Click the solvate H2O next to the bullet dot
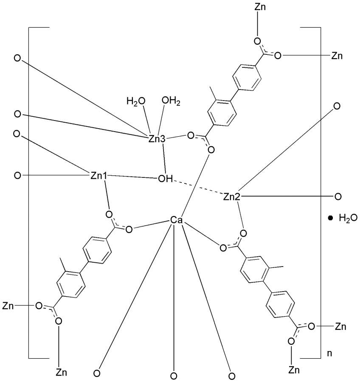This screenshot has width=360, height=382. pyautogui.click(x=348, y=218)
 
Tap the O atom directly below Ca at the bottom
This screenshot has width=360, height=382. pyautogui.click(x=173, y=375)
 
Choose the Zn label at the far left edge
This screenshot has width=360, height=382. pyautogui.click(x=9, y=305)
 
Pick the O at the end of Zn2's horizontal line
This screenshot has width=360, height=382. pyautogui.click(x=338, y=197)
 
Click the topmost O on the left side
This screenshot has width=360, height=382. pyautogui.click(x=17, y=58)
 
